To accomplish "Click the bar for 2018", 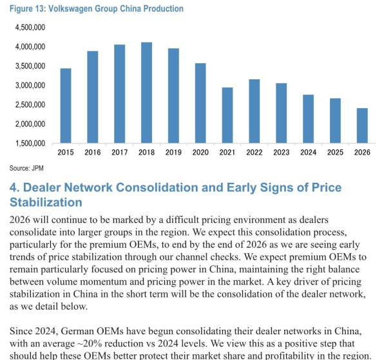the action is click(x=146, y=93).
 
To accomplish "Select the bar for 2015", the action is click(x=66, y=106).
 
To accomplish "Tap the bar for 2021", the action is click(x=227, y=115).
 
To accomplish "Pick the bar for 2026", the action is click(x=362, y=126).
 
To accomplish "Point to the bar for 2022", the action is click(x=254, y=111).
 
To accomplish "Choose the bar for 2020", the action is click(x=200, y=103).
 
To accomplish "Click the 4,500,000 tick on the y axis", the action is click(x=30, y=27).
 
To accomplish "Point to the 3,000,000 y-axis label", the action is click(x=30, y=85).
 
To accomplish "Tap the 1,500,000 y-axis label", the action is click(x=30, y=143).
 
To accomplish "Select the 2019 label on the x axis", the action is click(x=173, y=152).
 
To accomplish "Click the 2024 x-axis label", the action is click(x=309, y=152).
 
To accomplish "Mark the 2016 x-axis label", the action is click(x=93, y=152).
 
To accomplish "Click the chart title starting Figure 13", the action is click(x=97, y=8).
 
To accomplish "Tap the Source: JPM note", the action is click(x=26, y=168).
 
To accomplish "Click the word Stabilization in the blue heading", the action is click(x=46, y=202).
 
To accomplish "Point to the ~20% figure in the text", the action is click(x=90, y=343).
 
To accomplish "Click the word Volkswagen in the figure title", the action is click(x=70, y=8).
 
